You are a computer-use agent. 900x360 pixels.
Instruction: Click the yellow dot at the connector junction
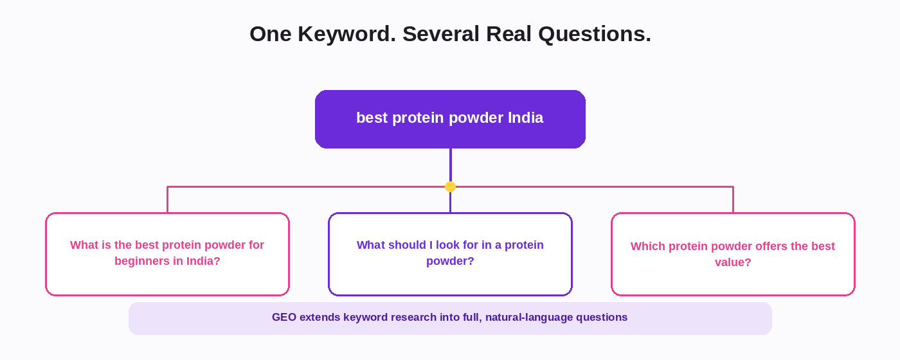point(451,187)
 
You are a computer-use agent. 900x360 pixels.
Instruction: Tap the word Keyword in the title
point(346,33)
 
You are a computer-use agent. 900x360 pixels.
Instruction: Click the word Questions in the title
point(595,33)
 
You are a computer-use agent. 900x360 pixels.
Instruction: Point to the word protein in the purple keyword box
point(418,118)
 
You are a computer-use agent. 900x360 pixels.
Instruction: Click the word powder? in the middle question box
point(450,261)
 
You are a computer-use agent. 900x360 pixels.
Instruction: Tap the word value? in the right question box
point(733,262)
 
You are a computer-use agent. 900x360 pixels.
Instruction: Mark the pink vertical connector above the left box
point(168,200)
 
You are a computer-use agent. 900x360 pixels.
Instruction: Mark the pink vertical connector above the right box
point(733,200)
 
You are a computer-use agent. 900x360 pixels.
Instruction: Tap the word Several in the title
point(441,33)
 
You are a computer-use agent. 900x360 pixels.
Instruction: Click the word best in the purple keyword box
point(372,118)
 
